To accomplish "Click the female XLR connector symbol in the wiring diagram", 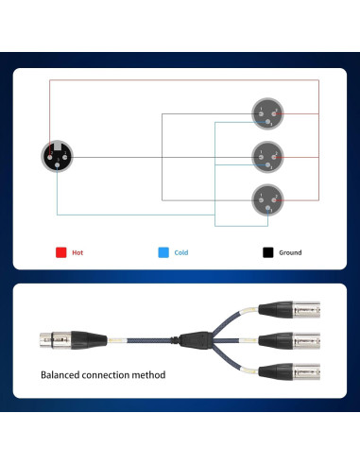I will click(x=56, y=156).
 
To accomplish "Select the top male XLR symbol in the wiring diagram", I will click(x=266, y=114).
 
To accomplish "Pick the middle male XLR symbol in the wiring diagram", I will click(x=266, y=156).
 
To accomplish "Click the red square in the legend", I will click(x=60, y=252).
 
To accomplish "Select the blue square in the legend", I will click(x=163, y=252).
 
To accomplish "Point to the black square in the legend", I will click(x=267, y=252).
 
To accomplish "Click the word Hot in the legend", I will click(x=77, y=253).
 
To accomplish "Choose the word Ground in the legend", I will click(x=290, y=253).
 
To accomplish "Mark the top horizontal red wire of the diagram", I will click(x=180, y=81).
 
